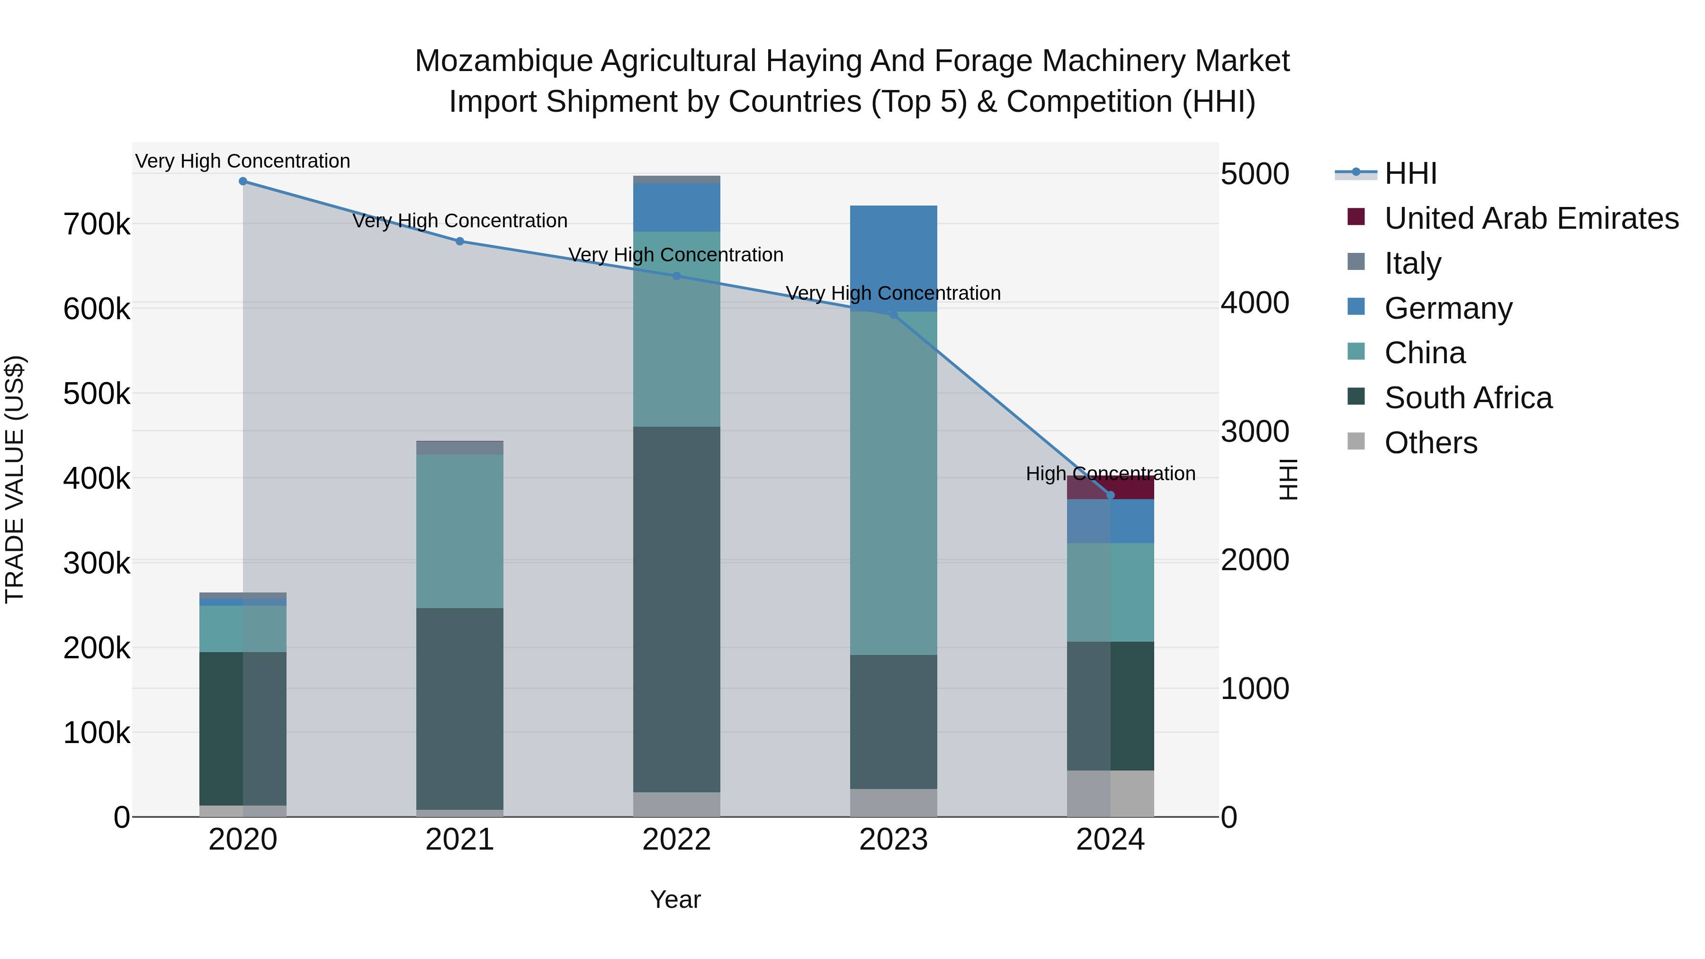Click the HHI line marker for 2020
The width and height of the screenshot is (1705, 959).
click(x=243, y=181)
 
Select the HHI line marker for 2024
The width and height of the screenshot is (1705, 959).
click(x=1111, y=495)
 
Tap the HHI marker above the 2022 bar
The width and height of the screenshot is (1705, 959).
click(x=676, y=276)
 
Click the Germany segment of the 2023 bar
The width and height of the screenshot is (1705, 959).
click(x=894, y=258)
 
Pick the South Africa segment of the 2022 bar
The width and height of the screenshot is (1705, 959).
click(x=676, y=609)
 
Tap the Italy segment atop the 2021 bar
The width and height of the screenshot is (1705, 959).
click(x=459, y=448)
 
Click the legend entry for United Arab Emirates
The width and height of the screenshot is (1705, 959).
click(x=1531, y=218)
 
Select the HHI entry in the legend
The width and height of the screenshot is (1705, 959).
click(x=1410, y=173)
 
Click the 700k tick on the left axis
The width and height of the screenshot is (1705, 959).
click(x=97, y=225)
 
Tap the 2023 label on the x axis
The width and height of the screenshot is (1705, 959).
click(x=894, y=840)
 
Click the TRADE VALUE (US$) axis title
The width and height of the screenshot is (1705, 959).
click(x=15, y=479)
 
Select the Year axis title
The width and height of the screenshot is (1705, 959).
click(x=675, y=899)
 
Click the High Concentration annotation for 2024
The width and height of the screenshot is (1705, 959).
click(x=1111, y=474)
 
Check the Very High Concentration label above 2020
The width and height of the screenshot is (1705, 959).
click(x=243, y=161)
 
